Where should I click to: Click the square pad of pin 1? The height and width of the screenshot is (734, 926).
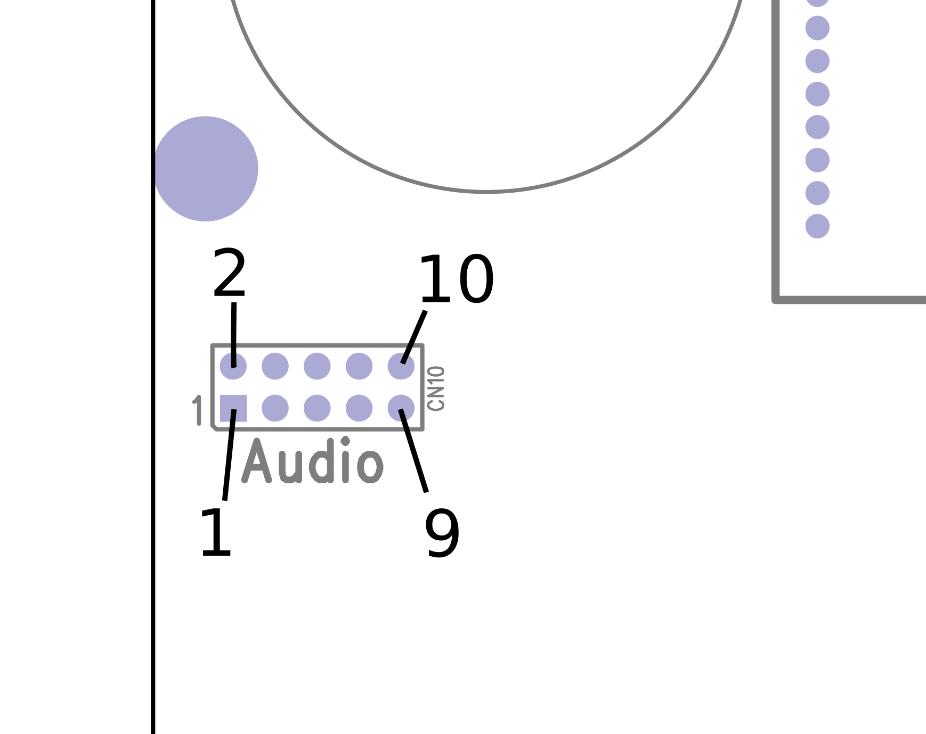[233, 408]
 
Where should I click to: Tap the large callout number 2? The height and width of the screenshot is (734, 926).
[229, 273]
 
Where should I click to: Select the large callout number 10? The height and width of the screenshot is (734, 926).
[456, 279]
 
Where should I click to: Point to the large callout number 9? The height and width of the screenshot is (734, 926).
[442, 533]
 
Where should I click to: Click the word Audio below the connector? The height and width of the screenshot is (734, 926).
[312, 460]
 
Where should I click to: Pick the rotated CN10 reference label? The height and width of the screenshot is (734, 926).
[436, 388]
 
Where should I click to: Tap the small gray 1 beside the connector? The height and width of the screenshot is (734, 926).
[198, 410]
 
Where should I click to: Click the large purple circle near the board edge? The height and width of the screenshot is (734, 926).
[206, 169]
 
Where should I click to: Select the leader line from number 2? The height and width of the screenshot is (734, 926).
[234, 335]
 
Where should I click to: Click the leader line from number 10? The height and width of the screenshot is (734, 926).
[414, 337]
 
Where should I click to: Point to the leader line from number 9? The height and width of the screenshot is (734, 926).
[413, 451]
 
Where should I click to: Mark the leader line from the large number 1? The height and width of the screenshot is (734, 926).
[229, 455]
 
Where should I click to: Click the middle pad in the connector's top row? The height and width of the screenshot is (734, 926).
[317, 366]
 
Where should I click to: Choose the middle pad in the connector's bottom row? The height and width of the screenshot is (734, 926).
[317, 408]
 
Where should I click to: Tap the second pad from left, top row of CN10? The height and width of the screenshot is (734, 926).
[275, 366]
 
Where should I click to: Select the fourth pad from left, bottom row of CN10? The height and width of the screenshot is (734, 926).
[359, 408]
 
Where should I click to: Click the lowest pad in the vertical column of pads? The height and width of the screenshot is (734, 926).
[817, 226]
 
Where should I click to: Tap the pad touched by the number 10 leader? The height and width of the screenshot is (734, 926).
[401, 366]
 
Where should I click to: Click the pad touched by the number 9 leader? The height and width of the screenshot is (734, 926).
[401, 408]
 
